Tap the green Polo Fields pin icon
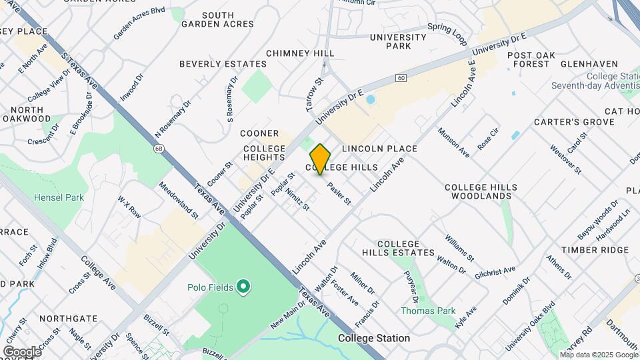tap(244, 287)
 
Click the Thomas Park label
tap(427, 311)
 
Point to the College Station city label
tap(374, 338)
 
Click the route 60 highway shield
tap(400, 78)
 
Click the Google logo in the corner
tap(22, 351)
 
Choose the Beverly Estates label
tap(223, 64)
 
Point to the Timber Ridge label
tap(595, 250)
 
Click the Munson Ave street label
tap(453, 143)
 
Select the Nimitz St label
tap(298, 197)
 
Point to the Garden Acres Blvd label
tap(139, 23)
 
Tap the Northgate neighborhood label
tap(68, 319)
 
